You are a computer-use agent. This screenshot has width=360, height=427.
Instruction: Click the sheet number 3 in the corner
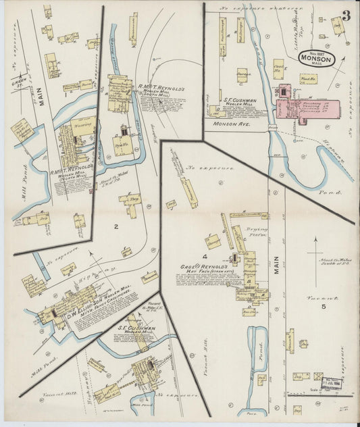point(346,15)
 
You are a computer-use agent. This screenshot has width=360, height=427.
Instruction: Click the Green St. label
point(19,83)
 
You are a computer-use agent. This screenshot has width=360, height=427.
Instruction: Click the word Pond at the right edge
point(335,193)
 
